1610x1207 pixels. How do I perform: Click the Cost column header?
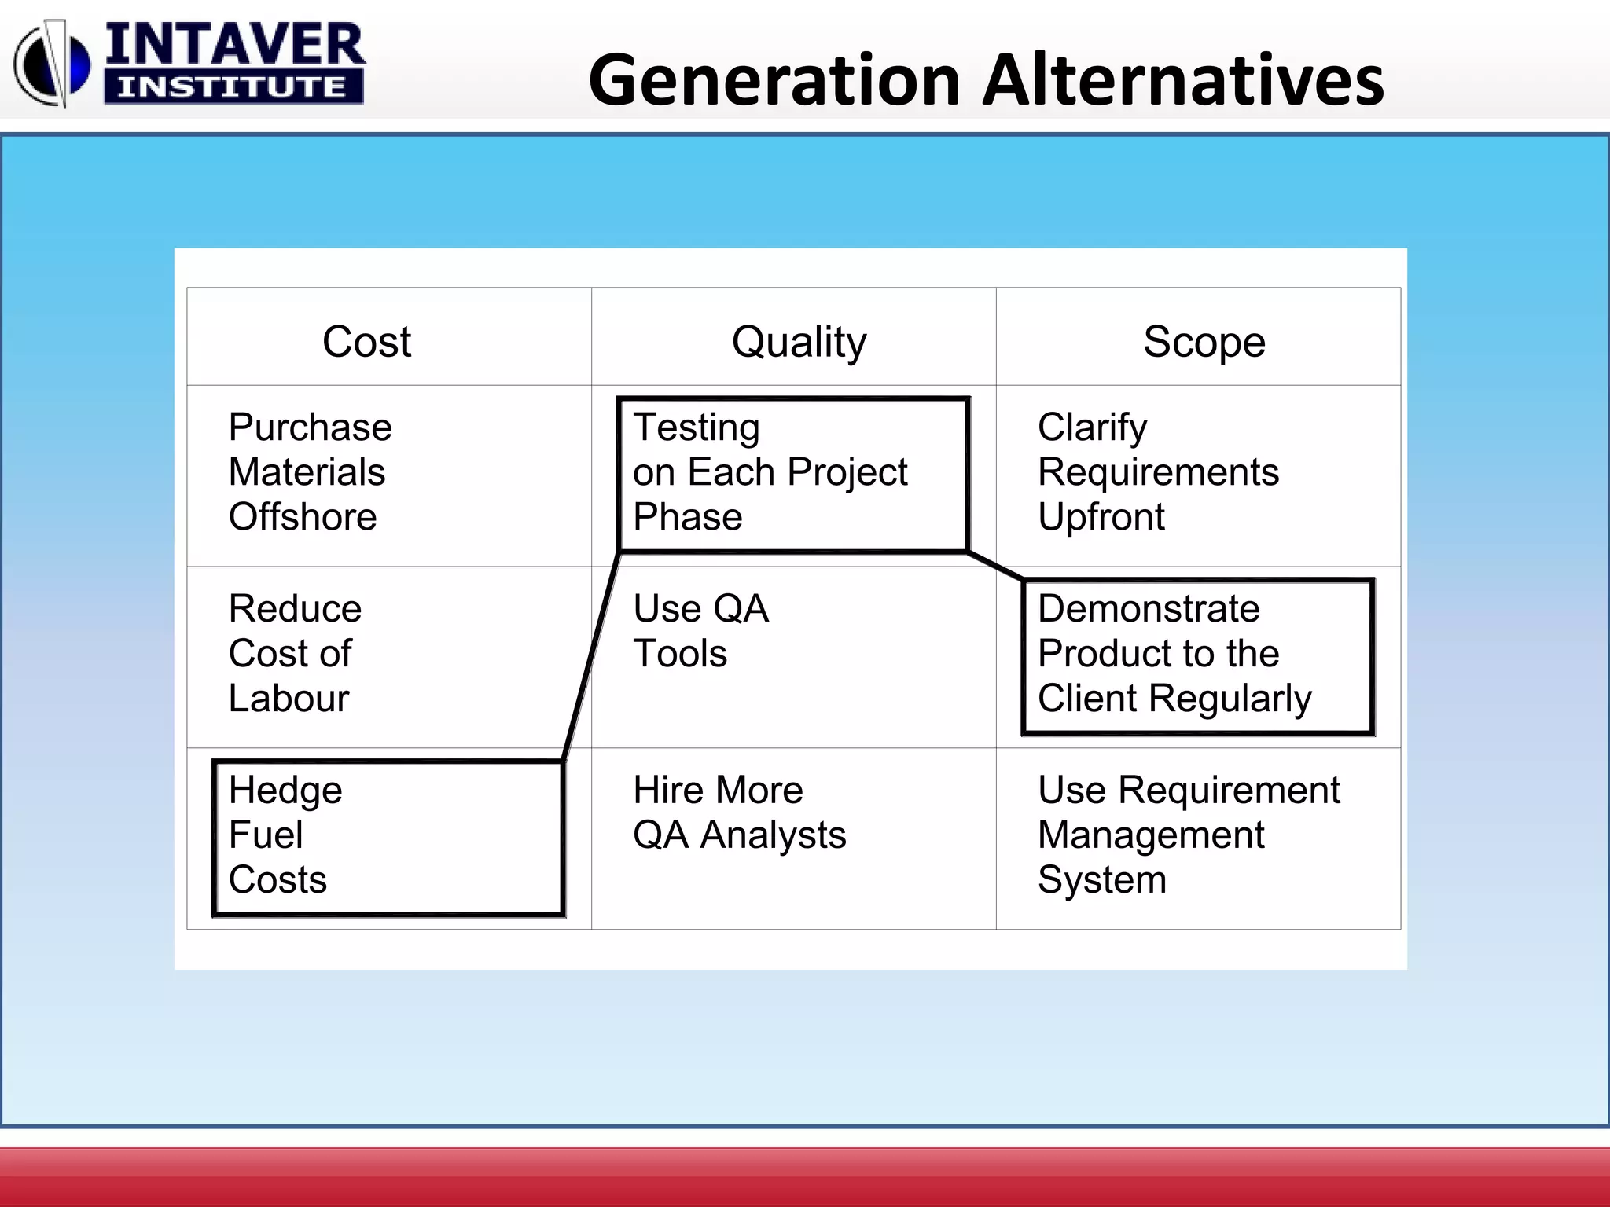click(x=366, y=342)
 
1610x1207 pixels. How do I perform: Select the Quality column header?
click(x=799, y=342)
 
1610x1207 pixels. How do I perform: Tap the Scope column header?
click(x=1204, y=342)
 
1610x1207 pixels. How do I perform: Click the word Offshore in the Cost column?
click(x=303, y=517)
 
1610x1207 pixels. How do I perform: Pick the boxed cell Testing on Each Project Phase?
click(x=792, y=474)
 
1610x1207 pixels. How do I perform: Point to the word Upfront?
click(x=1101, y=517)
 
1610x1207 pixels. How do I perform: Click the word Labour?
click(x=289, y=698)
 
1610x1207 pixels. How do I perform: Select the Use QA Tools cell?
click(x=700, y=631)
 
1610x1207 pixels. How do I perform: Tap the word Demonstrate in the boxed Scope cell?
click(x=1148, y=609)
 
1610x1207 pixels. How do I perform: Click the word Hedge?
click(x=285, y=790)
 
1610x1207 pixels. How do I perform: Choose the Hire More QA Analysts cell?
click(x=739, y=813)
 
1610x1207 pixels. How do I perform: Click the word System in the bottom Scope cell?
click(x=1101, y=879)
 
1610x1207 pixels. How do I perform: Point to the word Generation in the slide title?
click(x=774, y=80)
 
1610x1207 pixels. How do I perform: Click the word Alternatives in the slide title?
click(x=1183, y=80)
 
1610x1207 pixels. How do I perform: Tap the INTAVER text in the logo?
click(x=234, y=46)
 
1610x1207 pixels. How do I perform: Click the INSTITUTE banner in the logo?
click(x=233, y=86)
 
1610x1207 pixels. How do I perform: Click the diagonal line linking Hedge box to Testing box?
click(x=591, y=657)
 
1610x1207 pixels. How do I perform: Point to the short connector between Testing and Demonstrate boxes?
click(x=995, y=566)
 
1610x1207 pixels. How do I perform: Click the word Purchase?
click(x=310, y=427)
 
